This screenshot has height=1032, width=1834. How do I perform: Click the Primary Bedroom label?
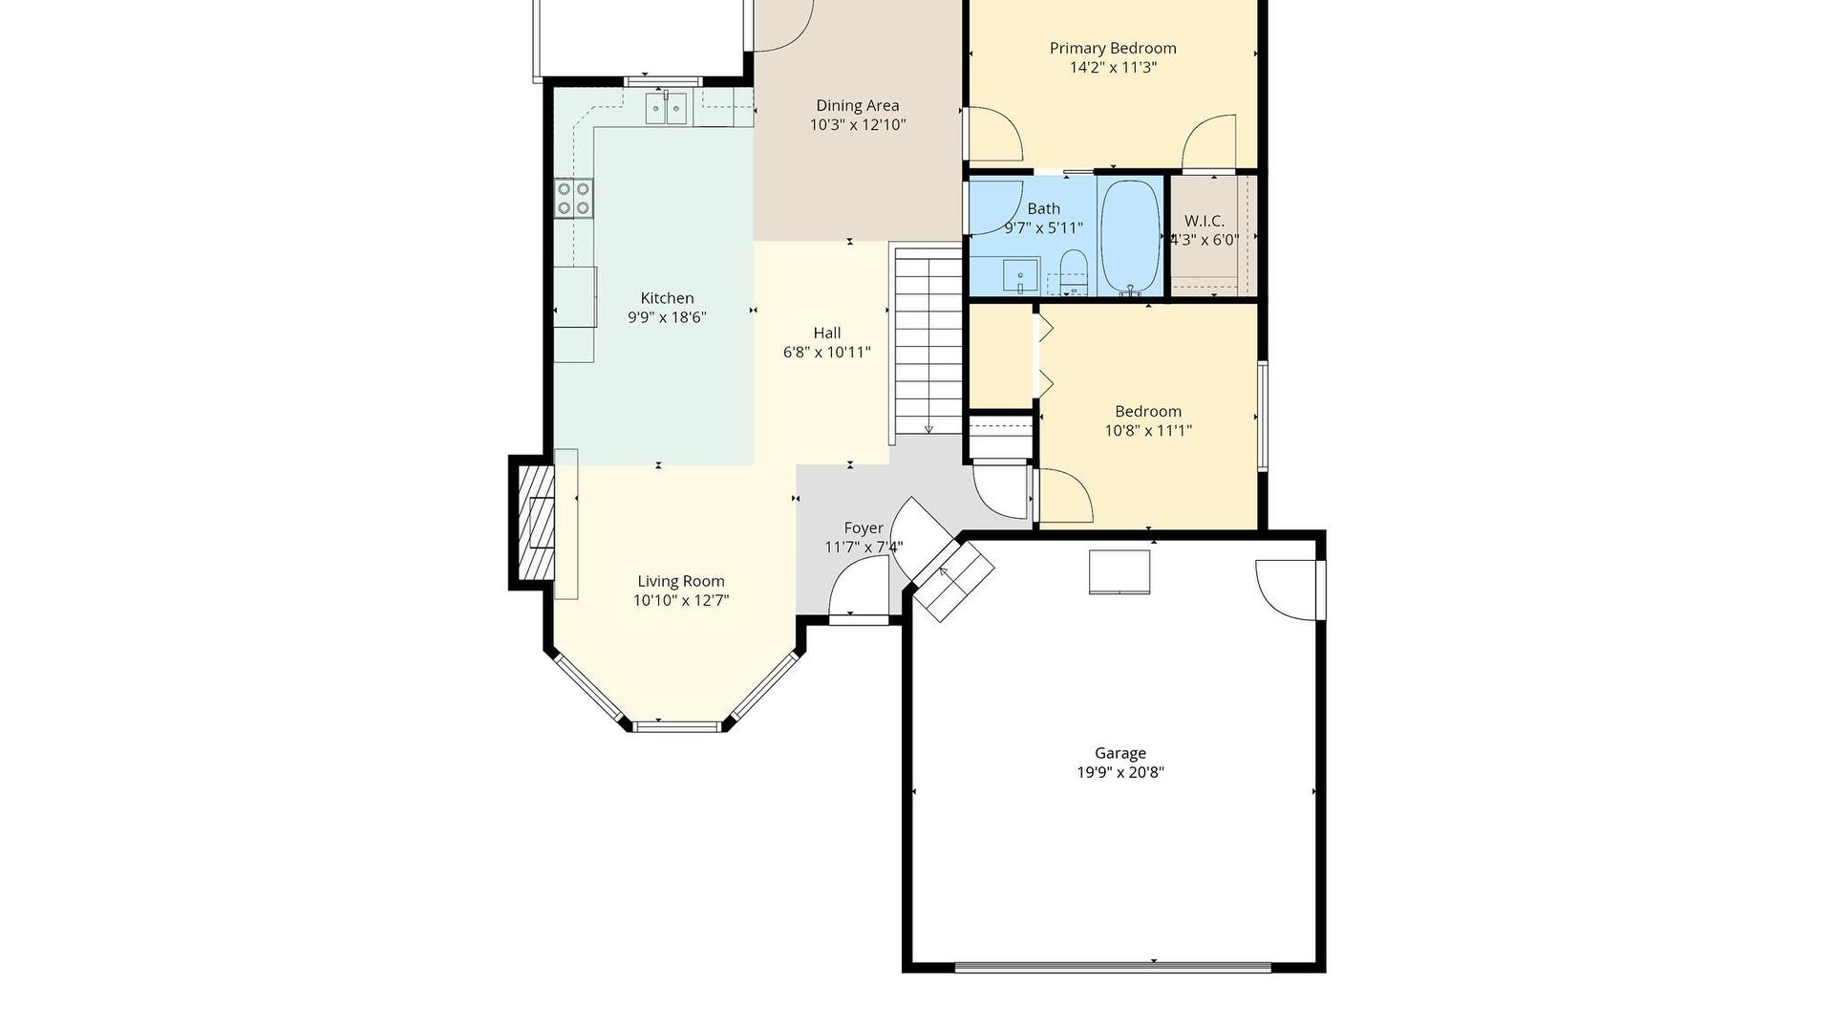[1113, 49]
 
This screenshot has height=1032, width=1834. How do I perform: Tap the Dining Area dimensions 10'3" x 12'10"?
[858, 125]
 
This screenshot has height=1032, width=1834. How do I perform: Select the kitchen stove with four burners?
[575, 198]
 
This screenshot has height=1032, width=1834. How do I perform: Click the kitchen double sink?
[666, 108]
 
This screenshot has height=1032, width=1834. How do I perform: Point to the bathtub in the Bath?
[1130, 236]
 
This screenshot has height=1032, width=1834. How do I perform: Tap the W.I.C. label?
[1205, 221]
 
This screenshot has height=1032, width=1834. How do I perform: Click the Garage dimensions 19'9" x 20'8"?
[1120, 772]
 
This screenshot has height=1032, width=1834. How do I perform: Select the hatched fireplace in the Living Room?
[536, 523]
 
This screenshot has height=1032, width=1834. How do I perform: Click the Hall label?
[827, 333]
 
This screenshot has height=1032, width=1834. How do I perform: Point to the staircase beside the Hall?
[928, 341]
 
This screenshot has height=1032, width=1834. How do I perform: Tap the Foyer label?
[864, 528]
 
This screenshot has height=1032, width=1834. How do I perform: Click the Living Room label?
[681, 581]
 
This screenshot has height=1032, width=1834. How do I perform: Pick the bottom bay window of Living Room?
[678, 726]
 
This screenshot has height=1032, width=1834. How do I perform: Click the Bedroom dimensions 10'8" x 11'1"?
[1148, 431]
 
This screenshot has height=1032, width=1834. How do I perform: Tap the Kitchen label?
[667, 298]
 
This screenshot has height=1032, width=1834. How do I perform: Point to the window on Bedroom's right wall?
[1263, 416]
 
